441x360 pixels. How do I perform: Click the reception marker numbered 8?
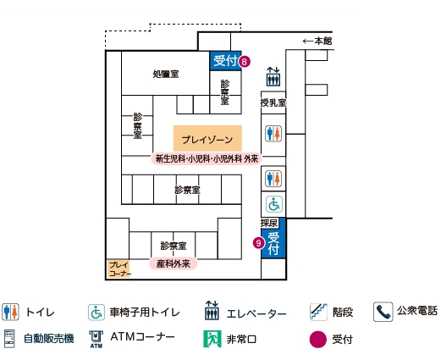click(x=245, y=61)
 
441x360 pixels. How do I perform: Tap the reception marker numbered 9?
click(x=258, y=243)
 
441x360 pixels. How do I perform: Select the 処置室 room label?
click(x=166, y=74)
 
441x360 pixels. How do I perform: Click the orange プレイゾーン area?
click(x=207, y=138)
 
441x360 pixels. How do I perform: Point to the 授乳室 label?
click(x=273, y=102)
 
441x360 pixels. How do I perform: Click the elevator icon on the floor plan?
click(x=273, y=76)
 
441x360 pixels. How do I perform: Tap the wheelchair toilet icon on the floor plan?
click(x=274, y=204)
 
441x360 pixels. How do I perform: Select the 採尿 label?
click(x=269, y=223)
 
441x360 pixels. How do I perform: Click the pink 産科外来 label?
click(x=174, y=263)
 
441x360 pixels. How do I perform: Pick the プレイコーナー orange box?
click(x=119, y=269)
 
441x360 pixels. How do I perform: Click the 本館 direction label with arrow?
click(x=317, y=42)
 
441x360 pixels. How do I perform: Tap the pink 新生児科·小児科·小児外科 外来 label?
click(x=207, y=158)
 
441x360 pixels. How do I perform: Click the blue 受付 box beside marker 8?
click(x=225, y=61)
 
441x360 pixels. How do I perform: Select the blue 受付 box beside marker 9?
click(x=273, y=243)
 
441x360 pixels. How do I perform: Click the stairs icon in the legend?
click(x=318, y=312)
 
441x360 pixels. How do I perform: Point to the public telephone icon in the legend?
click(x=383, y=312)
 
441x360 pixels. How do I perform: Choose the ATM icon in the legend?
click(x=96, y=339)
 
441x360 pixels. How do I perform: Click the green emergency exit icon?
click(x=212, y=339)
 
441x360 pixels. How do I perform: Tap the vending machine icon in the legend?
click(x=9, y=339)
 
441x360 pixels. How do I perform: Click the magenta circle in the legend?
click(x=318, y=339)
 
